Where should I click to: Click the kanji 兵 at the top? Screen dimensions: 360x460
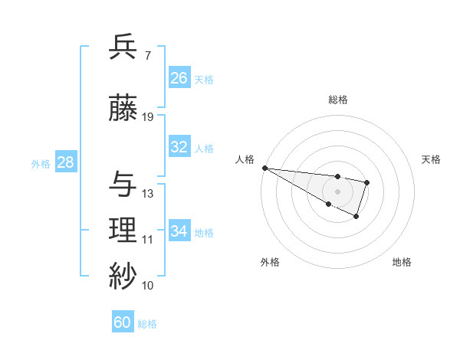tap(123, 47)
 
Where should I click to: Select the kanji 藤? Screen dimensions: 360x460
tap(123, 109)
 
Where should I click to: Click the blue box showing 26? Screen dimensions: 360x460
tap(179, 78)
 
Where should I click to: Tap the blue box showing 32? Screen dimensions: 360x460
tap(179, 147)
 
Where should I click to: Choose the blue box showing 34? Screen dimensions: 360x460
tap(179, 231)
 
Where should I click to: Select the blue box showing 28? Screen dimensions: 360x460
tap(64, 162)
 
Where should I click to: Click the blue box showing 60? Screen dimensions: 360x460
tap(123, 322)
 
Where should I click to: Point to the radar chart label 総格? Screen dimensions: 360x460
tap(338, 100)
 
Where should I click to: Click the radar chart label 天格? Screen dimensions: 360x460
tap(431, 159)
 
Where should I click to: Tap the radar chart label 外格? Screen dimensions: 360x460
tap(270, 262)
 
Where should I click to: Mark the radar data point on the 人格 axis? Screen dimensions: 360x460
tap(264, 168)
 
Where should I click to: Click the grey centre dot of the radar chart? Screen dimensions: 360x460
tap(337, 191)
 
